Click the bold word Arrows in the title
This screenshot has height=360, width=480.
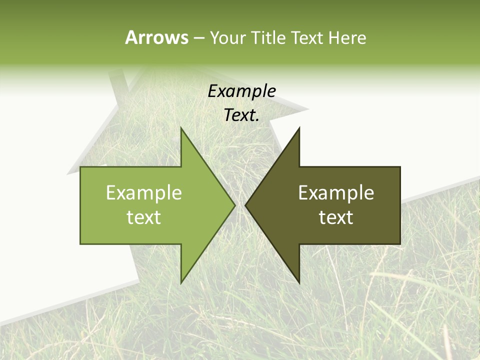156,37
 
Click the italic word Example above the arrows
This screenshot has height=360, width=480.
242,91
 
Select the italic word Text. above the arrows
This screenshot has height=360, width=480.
242,115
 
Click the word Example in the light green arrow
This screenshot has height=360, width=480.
144,192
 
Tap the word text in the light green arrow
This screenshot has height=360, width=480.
144,217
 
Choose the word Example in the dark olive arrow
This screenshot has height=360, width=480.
336,192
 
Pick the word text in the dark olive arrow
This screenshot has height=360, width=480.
336,217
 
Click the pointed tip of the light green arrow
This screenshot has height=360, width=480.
234,205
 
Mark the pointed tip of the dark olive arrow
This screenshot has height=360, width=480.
246,205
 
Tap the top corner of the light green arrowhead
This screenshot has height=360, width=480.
181,128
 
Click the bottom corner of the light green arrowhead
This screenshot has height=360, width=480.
181,283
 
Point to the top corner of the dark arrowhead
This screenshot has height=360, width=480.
299,128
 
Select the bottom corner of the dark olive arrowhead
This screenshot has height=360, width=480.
299,283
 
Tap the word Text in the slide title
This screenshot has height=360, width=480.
308,38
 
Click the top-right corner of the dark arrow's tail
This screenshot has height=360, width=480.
400,167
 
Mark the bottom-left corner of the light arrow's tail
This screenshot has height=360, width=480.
80,243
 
